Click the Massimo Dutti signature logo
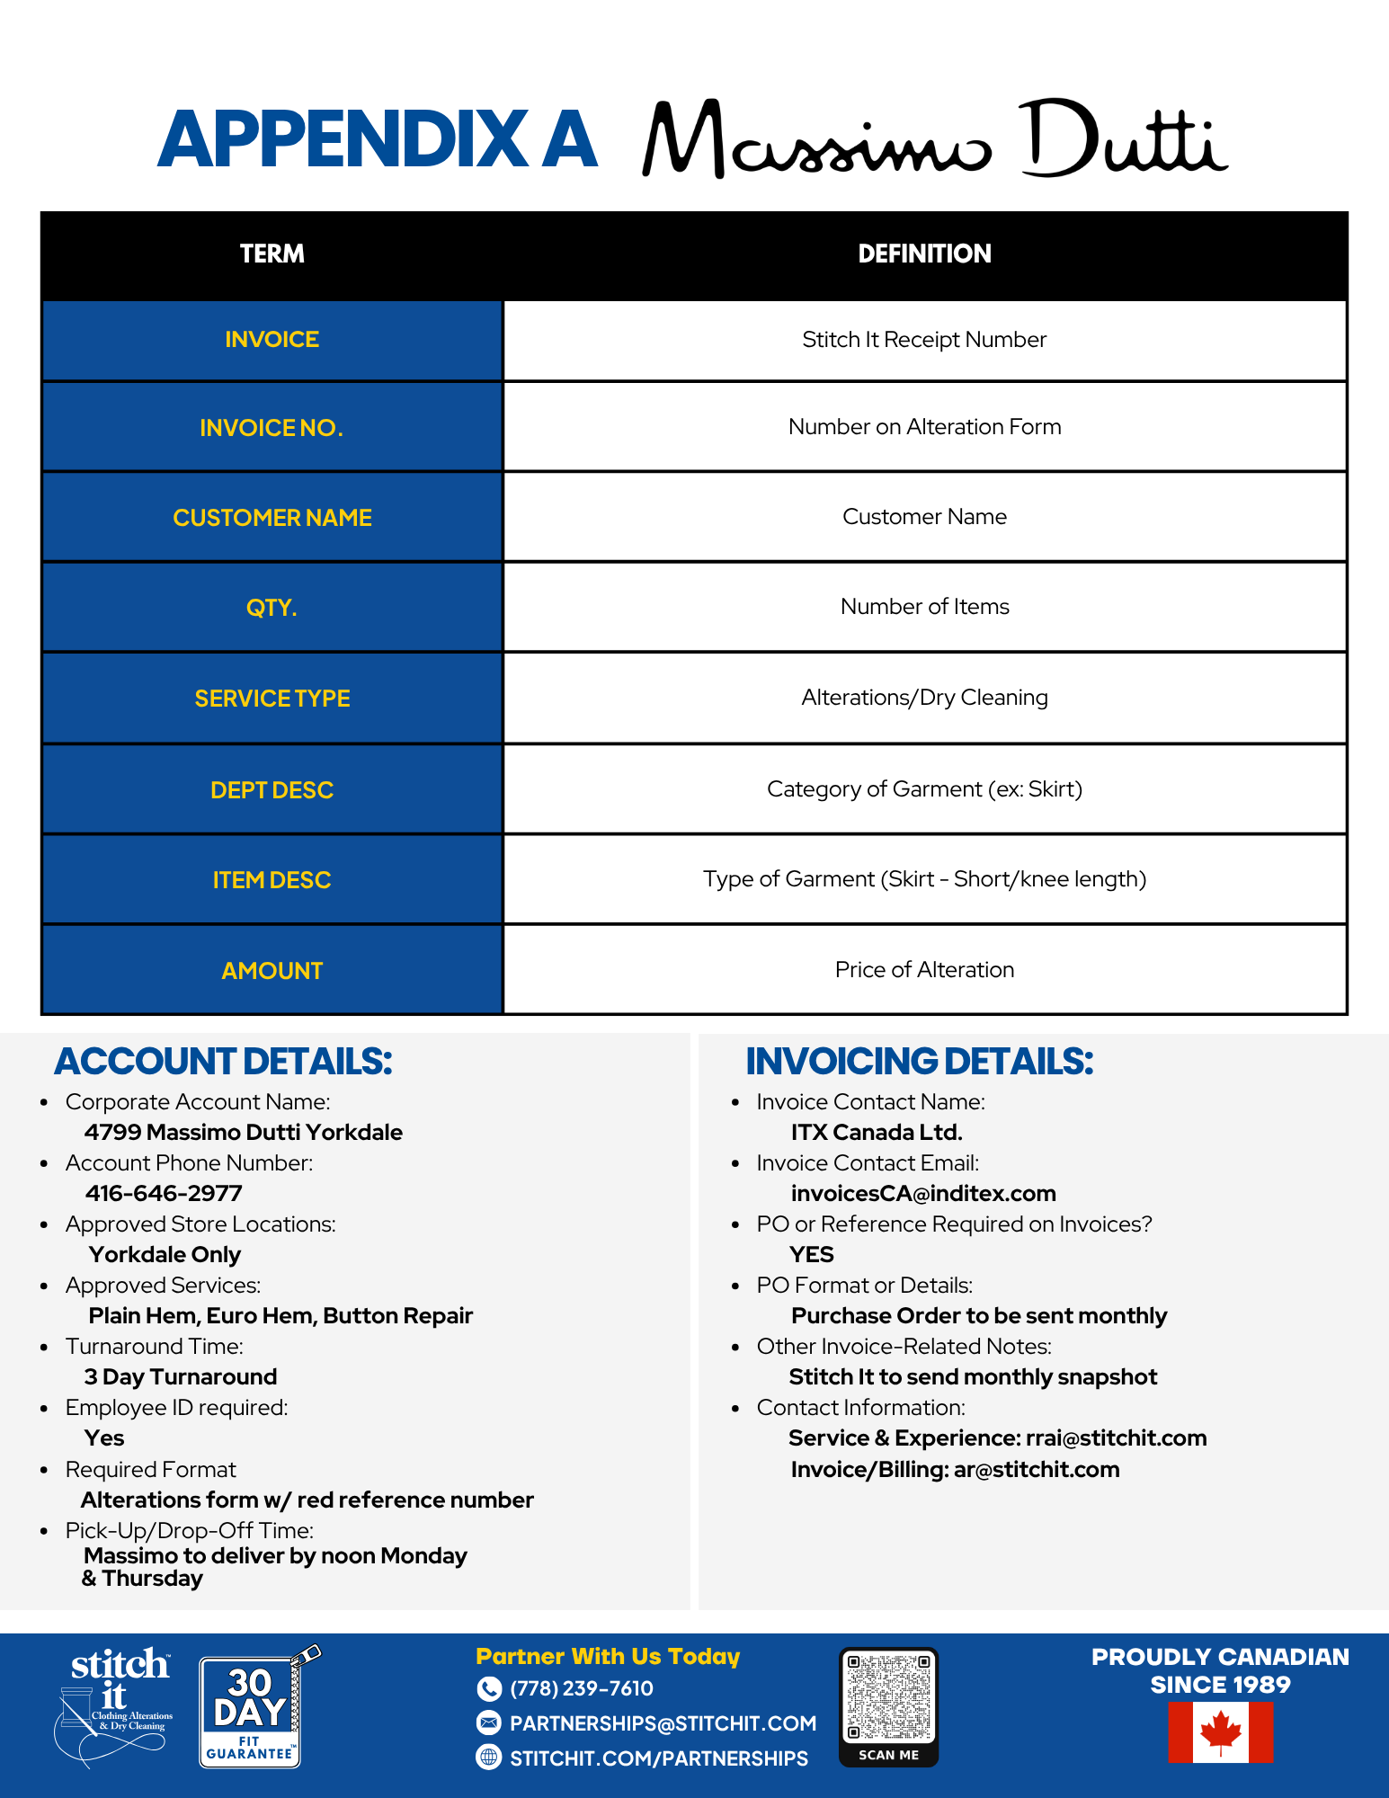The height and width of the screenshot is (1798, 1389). coord(935,139)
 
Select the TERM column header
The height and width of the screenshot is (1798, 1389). coord(272,254)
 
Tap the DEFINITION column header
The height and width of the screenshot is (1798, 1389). coord(924,254)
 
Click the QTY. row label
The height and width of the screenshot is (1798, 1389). coord(272,609)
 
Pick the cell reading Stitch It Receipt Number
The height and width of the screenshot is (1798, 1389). coord(924,340)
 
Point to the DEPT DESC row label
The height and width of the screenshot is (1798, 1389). coord(272,790)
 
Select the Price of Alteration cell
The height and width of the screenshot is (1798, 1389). coord(924,970)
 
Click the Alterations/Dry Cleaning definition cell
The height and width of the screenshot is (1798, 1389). coord(924,698)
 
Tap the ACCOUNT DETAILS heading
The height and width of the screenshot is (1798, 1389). coord(223,1062)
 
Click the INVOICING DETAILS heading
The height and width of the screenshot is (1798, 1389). coord(919,1062)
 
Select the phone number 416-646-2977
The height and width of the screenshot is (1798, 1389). coord(164,1194)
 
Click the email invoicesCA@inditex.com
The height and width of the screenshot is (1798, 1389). coord(923,1194)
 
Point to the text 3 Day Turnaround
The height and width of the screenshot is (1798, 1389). coord(181,1377)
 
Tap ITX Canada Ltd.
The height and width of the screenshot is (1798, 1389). coord(877,1133)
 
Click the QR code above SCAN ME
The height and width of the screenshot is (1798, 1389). coord(888,1697)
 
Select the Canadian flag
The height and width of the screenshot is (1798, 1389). coord(1220,1732)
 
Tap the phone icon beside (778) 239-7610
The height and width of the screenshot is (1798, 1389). coord(488,1689)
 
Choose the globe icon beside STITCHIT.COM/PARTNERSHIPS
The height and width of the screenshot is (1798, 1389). coord(488,1758)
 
